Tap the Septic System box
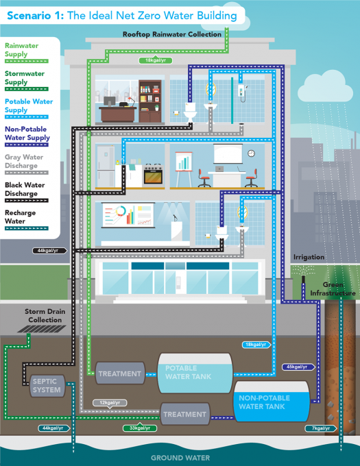point(46,386)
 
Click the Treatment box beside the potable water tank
point(119,374)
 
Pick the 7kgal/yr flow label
point(320,428)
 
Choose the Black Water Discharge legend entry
point(26,189)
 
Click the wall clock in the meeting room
point(251,154)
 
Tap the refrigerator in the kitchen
point(107,166)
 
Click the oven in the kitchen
point(153,175)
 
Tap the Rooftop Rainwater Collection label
point(172,34)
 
